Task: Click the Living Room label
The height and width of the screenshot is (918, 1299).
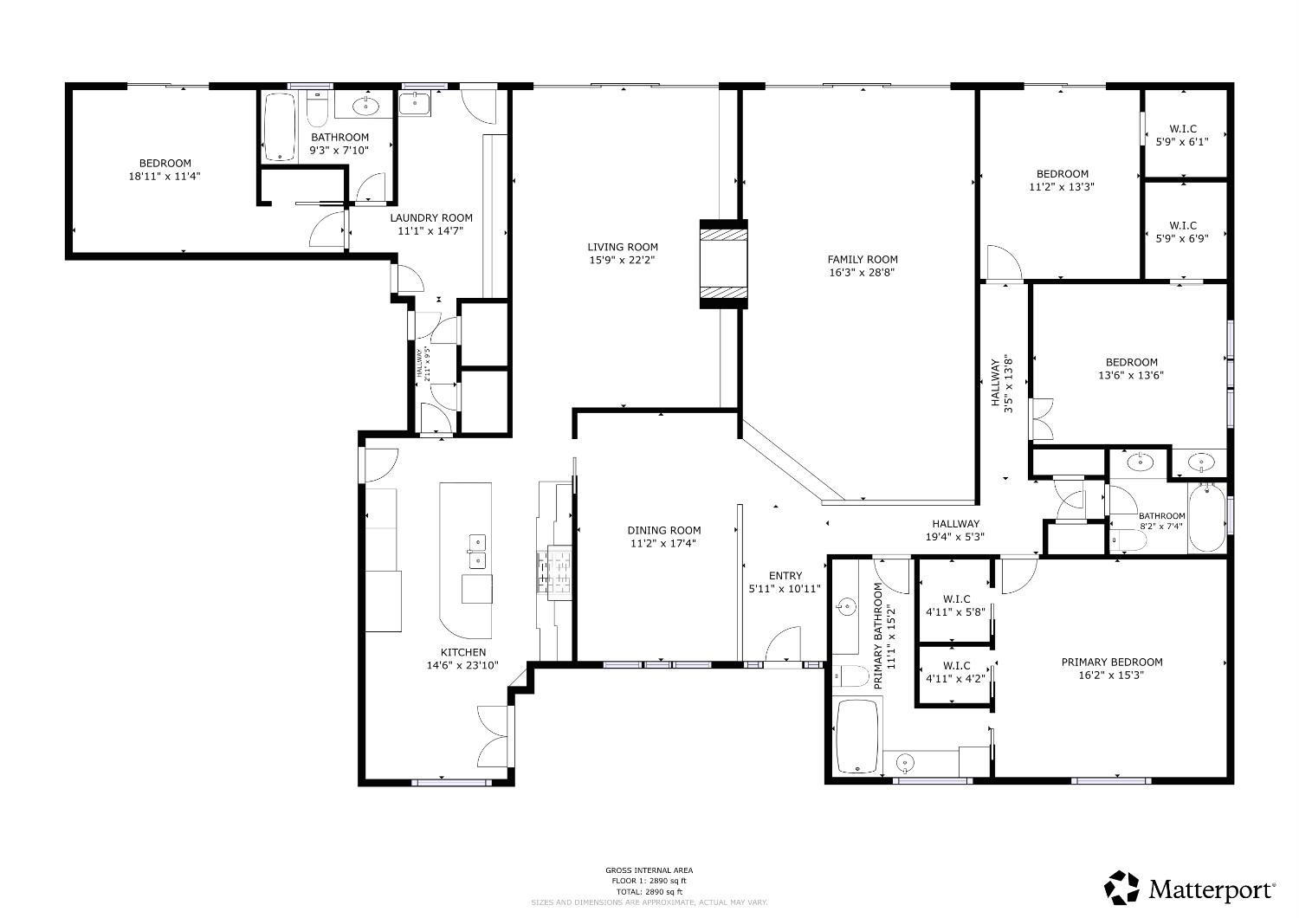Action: point(623,247)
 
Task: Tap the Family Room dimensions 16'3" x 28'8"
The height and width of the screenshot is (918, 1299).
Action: point(862,272)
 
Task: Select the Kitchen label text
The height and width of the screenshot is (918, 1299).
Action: point(463,652)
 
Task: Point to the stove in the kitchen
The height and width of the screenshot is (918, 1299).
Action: point(555,572)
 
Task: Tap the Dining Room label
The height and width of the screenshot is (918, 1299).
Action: point(663,530)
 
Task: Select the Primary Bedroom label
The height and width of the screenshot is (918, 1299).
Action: point(1111,662)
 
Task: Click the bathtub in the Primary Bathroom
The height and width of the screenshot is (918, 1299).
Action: point(857,735)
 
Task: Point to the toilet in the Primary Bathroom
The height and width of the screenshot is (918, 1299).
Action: point(851,676)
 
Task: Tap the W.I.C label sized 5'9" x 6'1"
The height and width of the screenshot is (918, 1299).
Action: point(1182,129)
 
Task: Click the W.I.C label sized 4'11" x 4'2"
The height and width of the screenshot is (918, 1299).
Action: point(955,666)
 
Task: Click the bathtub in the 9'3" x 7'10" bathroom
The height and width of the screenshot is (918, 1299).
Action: point(279,126)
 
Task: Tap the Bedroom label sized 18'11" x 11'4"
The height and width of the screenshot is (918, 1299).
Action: point(165,164)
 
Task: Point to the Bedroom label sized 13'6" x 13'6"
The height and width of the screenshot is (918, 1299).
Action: point(1130,363)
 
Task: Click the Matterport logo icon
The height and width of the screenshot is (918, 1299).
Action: point(1121,888)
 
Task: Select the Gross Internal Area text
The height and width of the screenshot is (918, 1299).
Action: point(649,870)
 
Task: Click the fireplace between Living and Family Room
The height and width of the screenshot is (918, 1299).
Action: point(723,263)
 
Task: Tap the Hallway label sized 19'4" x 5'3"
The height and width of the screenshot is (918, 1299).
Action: point(955,524)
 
